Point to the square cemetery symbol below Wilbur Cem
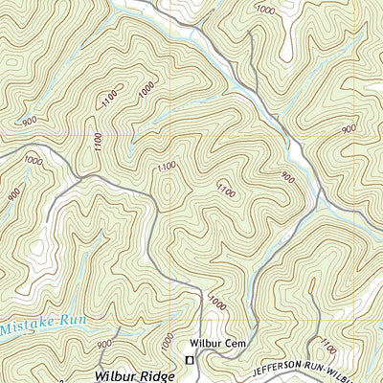pyautogui.click(x=189, y=359)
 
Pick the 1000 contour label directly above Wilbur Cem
pyautogui.click(x=217, y=304)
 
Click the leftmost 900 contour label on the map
pyautogui.click(x=13, y=195)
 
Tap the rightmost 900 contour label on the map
pyautogui.click(x=348, y=128)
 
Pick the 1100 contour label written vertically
pyautogui.click(x=98, y=141)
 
